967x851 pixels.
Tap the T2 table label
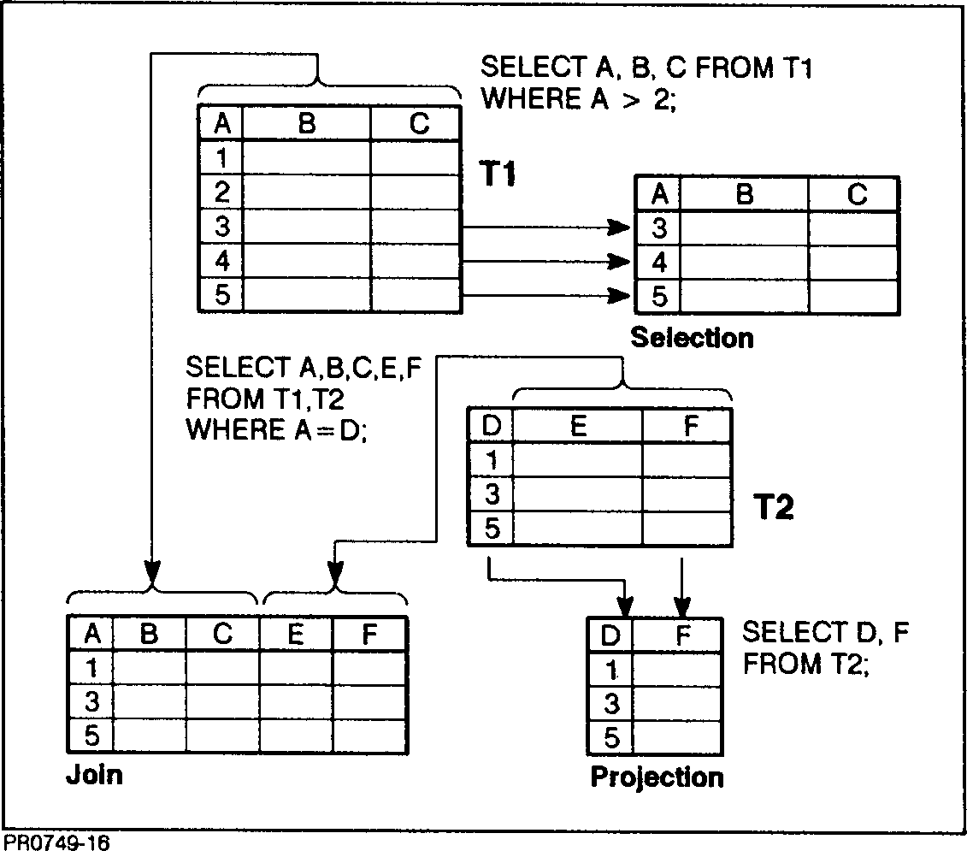(x=773, y=509)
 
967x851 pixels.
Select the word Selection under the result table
(x=693, y=338)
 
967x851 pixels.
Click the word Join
(x=94, y=775)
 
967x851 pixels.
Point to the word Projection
(x=657, y=777)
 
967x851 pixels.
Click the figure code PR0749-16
(x=56, y=842)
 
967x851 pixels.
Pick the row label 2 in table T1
(x=221, y=192)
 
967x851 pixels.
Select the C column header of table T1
(x=418, y=125)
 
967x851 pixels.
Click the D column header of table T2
(x=492, y=427)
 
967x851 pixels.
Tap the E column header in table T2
(x=578, y=427)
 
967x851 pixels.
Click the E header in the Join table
(x=296, y=635)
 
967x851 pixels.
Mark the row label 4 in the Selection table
(x=659, y=262)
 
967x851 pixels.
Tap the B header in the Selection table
(x=744, y=196)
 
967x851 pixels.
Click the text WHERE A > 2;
(x=579, y=99)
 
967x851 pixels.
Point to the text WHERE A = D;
(x=276, y=429)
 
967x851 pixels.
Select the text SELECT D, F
(x=825, y=633)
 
